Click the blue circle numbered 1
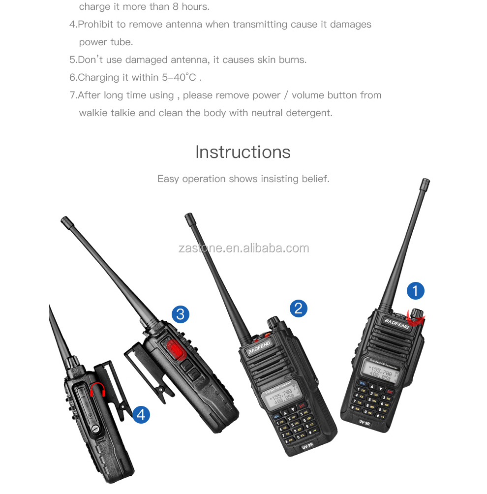415,291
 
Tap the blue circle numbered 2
298,309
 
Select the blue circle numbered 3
180,314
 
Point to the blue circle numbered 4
141,414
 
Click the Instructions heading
243,152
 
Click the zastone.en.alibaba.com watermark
243,248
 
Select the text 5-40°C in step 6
179,77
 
